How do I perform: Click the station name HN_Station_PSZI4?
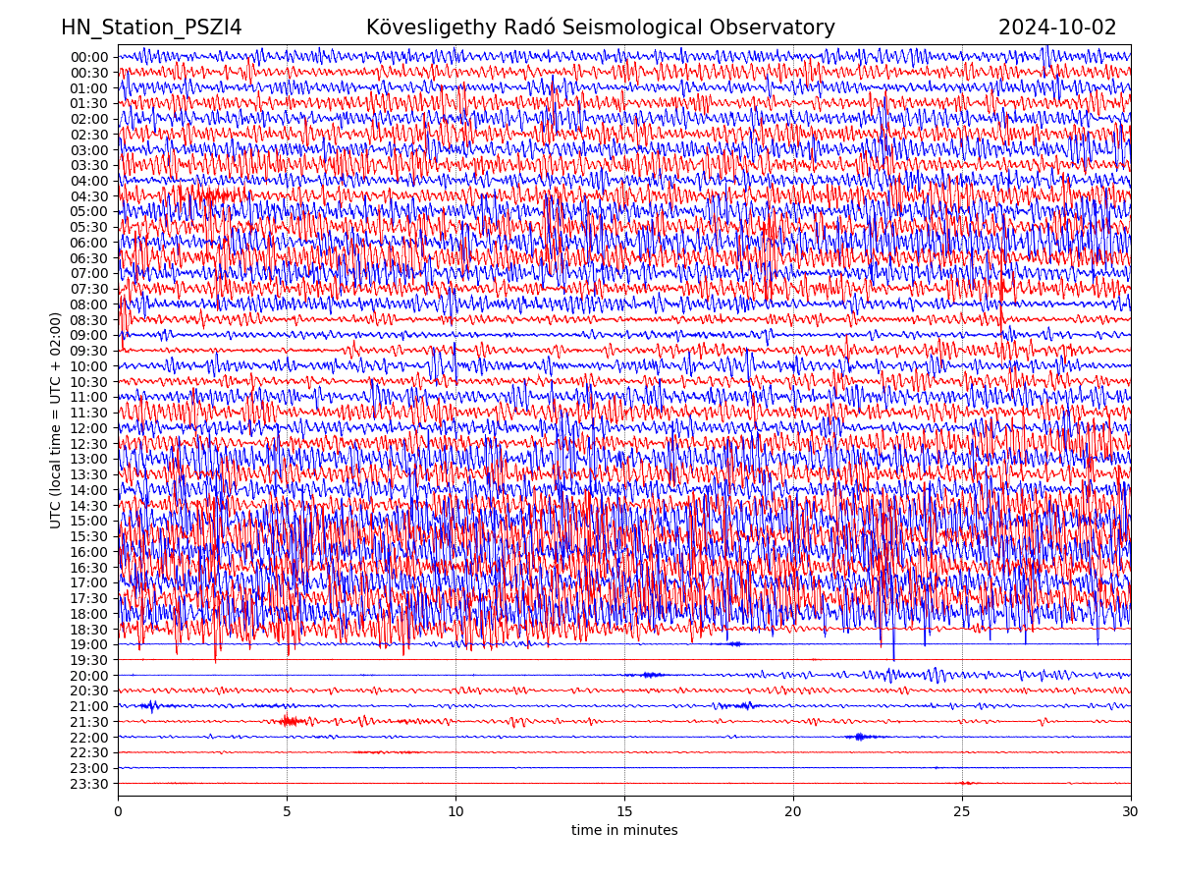151,28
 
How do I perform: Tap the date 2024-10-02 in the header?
1057,28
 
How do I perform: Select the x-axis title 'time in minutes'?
624,831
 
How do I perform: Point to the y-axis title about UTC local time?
56,420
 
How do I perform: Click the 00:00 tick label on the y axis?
88,57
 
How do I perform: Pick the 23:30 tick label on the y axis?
88,784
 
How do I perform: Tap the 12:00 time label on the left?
88,428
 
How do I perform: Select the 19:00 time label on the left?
88,644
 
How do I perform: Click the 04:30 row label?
88,196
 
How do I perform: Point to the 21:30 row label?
88,722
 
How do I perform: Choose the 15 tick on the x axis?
624,812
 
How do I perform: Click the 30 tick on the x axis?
1131,812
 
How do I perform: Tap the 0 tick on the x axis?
118,812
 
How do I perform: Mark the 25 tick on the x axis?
962,812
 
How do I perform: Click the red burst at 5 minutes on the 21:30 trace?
288,721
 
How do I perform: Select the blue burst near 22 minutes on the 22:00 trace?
860,737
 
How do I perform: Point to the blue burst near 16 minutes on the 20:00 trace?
650,675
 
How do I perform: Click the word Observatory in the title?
775,28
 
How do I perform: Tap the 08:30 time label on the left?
88,320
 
